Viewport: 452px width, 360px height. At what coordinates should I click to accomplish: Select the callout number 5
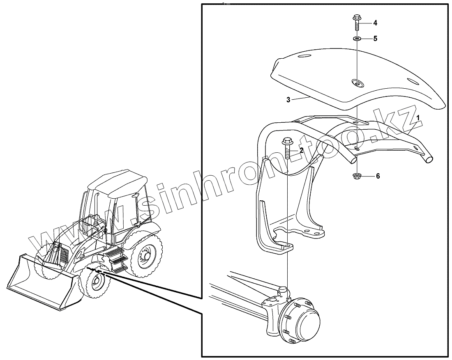(x=375, y=39)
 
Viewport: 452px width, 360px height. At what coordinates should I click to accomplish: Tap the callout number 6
(x=378, y=176)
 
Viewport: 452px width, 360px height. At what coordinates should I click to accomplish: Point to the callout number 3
(x=288, y=100)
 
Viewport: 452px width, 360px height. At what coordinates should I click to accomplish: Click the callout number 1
(x=418, y=117)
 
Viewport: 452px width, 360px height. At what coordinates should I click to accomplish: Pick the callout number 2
(x=302, y=150)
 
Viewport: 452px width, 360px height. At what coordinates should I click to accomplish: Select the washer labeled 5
(x=356, y=39)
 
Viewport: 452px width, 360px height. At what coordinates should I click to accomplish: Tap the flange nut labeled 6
(x=356, y=177)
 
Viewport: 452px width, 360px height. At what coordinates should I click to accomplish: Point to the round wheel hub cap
(x=304, y=321)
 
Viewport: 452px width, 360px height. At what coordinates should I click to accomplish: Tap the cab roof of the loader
(x=119, y=181)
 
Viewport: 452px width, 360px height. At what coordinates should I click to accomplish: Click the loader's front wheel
(x=96, y=283)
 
